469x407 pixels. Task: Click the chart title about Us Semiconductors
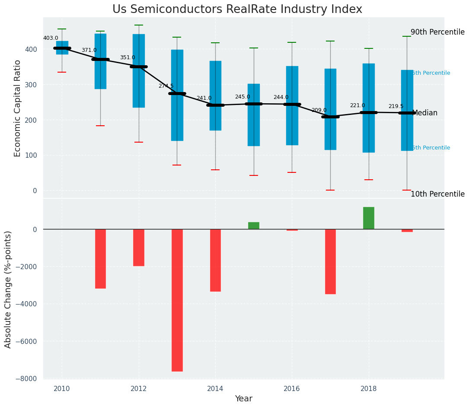point(237,10)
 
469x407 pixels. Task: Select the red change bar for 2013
point(177,300)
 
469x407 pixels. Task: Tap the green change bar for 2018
point(369,218)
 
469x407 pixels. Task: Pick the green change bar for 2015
point(254,226)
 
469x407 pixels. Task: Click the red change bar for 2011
point(100,258)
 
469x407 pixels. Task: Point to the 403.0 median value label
point(51,38)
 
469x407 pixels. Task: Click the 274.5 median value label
point(166,86)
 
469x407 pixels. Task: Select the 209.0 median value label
point(319,110)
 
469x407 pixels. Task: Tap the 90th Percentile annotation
point(437,32)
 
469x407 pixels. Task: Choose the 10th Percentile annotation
point(437,194)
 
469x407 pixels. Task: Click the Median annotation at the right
point(425,113)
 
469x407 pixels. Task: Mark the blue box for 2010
point(62,48)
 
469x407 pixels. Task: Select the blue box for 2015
point(254,115)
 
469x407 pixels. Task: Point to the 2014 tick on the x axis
point(215,389)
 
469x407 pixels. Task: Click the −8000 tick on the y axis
point(29,379)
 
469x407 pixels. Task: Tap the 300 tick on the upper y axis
point(32,85)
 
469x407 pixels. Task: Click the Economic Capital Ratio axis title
point(18,108)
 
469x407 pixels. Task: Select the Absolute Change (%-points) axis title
point(8,289)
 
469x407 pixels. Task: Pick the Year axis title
point(244,399)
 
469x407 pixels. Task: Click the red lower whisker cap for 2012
point(139,142)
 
